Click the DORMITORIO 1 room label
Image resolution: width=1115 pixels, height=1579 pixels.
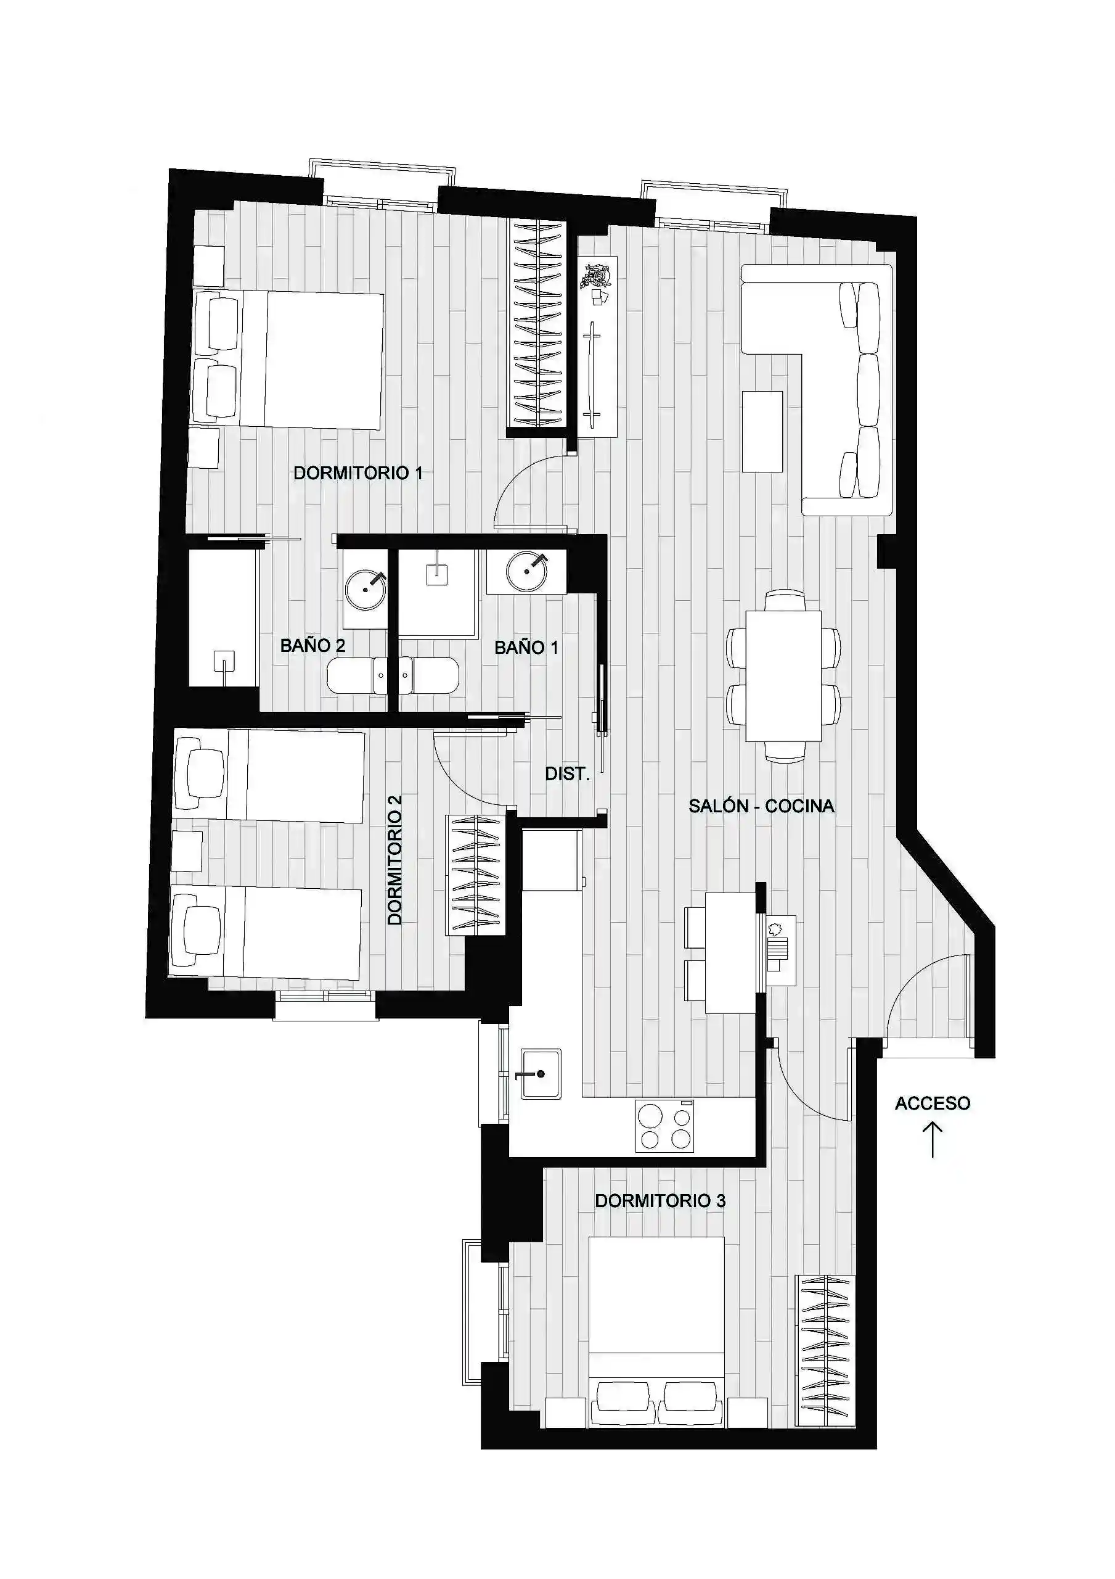click(x=357, y=473)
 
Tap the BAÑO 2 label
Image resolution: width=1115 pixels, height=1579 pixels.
click(x=312, y=645)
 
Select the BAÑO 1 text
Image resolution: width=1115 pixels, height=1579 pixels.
click(x=526, y=647)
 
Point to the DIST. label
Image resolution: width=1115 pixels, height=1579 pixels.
click(x=567, y=773)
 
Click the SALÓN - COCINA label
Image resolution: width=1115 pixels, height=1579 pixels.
click(x=762, y=806)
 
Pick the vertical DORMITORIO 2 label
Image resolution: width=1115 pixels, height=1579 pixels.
click(x=394, y=860)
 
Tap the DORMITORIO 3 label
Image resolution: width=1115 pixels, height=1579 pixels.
click(x=660, y=1201)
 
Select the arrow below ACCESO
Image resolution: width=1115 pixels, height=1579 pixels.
click(x=933, y=1140)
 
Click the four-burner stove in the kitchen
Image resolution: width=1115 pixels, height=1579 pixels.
click(x=664, y=1126)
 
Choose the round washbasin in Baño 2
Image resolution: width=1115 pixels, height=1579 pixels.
click(x=366, y=588)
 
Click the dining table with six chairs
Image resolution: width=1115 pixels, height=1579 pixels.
click(x=783, y=676)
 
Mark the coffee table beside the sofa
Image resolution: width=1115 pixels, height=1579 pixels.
click(x=762, y=431)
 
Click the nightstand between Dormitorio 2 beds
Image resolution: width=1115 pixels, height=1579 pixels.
click(x=187, y=851)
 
